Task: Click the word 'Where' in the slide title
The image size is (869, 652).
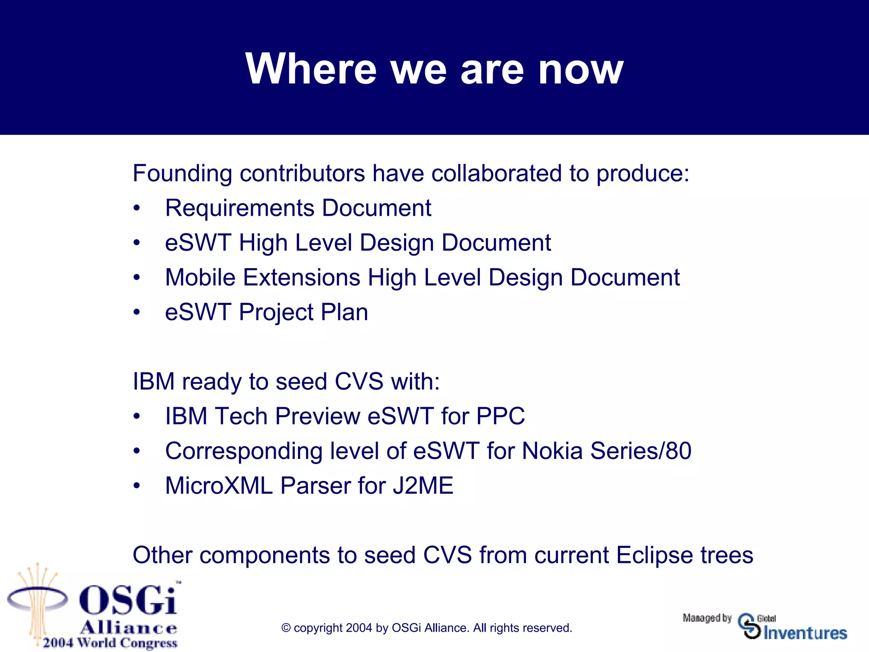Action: point(311,69)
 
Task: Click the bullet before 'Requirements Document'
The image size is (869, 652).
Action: point(136,208)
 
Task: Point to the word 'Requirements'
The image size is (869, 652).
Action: point(240,209)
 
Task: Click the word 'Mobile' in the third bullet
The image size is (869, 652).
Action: point(200,278)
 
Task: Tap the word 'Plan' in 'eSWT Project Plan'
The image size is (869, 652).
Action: point(344,312)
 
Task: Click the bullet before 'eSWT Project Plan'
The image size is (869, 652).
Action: point(136,312)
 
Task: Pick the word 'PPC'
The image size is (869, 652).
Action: point(500,416)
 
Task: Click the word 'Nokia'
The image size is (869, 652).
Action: point(552,451)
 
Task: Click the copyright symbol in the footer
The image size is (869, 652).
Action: point(286,628)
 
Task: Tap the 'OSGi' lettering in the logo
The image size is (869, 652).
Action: point(127,600)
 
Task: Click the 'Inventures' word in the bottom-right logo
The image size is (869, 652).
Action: point(805,633)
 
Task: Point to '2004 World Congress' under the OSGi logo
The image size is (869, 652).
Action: point(110,643)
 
